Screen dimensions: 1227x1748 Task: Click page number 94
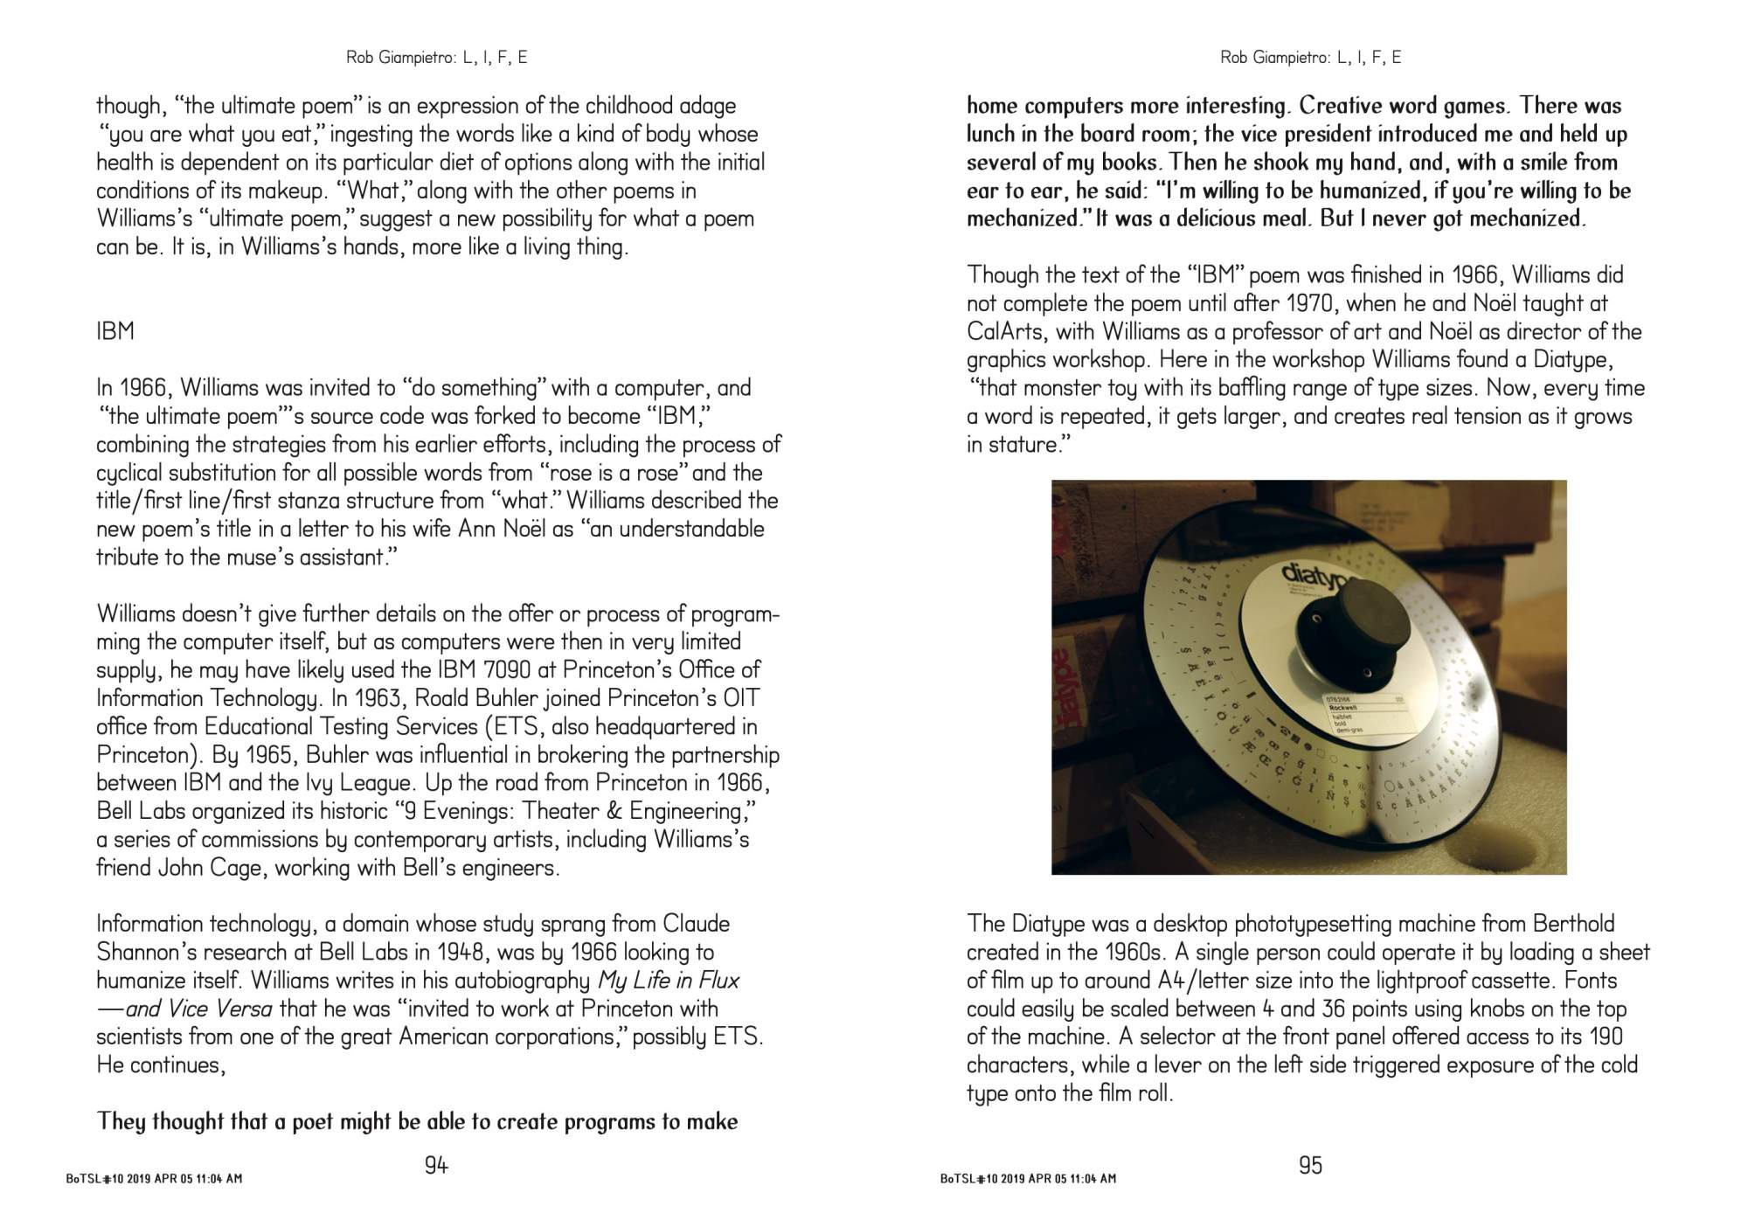coord(436,1165)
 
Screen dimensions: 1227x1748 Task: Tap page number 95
coord(1310,1165)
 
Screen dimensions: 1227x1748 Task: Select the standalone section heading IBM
coord(115,331)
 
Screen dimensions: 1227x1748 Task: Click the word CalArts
coord(1007,332)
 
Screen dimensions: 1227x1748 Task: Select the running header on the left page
coord(436,58)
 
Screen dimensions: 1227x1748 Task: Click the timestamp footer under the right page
coord(1028,1179)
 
